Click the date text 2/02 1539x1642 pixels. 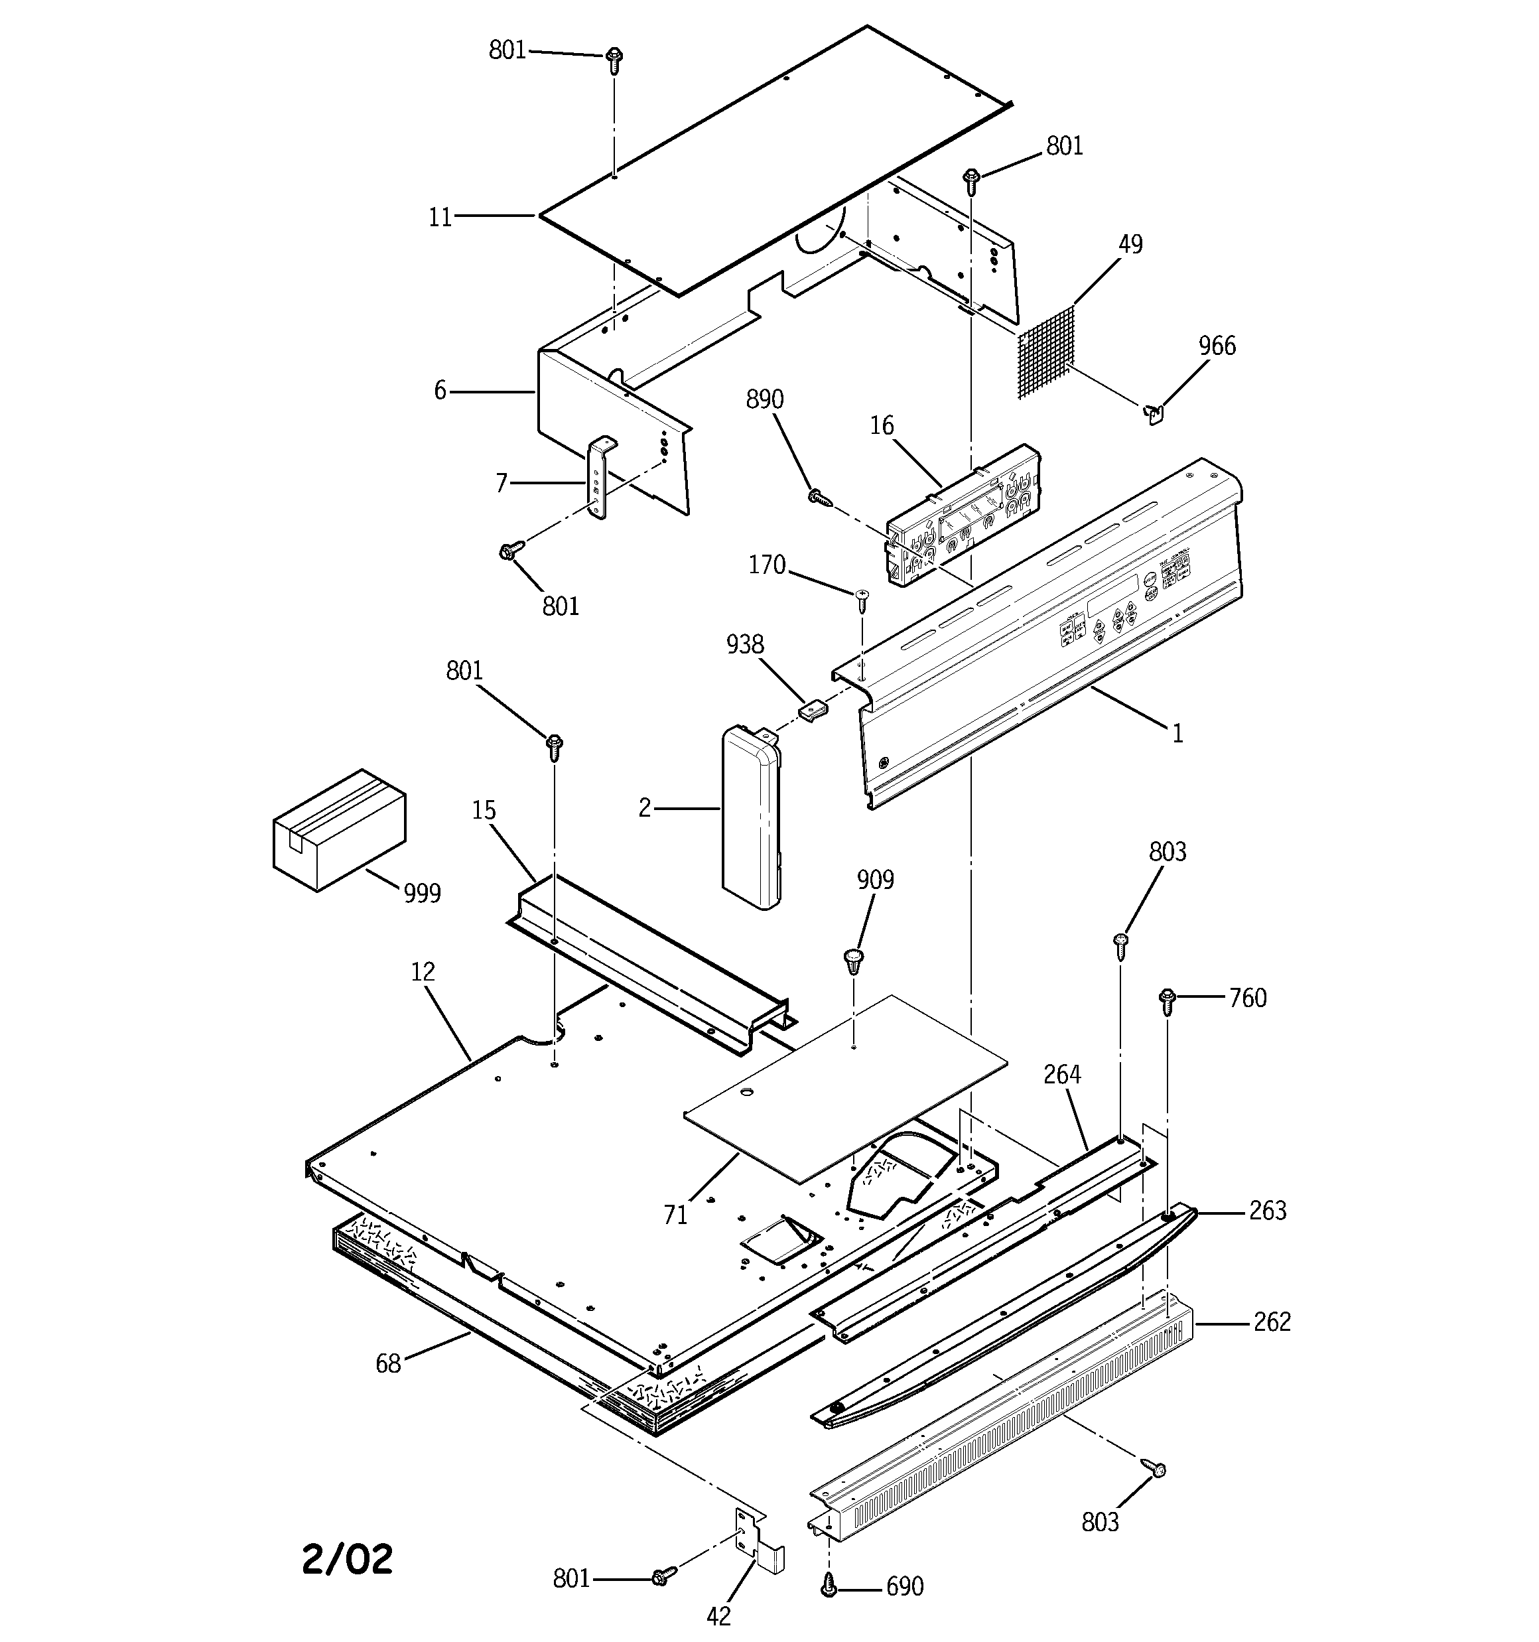347,1558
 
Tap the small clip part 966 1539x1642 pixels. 1154,412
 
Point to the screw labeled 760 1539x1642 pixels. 1168,1000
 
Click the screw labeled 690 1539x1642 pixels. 829,1585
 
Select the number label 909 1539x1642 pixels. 875,880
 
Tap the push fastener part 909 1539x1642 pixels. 853,961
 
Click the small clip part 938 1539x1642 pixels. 814,709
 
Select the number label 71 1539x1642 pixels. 675,1215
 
